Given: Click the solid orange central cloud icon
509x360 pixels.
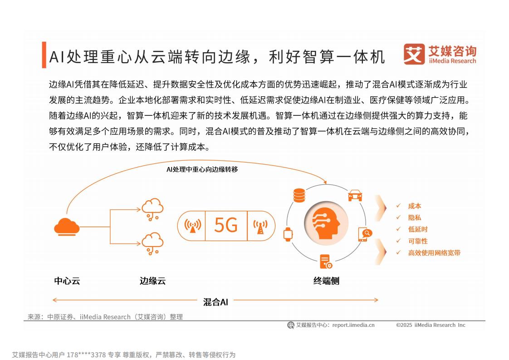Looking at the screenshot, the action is pyautogui.click(x=67, y=227).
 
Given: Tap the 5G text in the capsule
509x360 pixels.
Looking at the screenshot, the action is pyautogui.click(x=226, y=225).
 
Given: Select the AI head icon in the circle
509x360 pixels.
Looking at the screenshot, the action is pyautogui.click(x=326, y=223).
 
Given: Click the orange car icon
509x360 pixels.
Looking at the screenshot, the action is pyautogui.click(x=355, y=195).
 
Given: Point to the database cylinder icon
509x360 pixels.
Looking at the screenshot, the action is pyautogui.click(x=299, y=195).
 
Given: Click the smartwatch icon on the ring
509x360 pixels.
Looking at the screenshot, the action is pyautogui.click(x=288, y=234).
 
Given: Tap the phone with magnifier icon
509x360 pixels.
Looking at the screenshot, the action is pyautogui.click(x=365, y=234).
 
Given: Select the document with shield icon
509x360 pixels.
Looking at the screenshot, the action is pyautogui.click(x=326, y=261).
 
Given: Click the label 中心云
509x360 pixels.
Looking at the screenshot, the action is pyautogui.click(x=67, y=281).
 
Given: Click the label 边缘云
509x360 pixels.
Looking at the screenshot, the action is pyautogui.click(x=152, y=281).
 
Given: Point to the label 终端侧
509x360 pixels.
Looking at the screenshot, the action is pyautogui.click(x=326, y=281).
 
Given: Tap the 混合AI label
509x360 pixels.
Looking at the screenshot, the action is pyautogui.click(x=215, y=302).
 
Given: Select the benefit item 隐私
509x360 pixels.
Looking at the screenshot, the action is pyautogui.click(x=415, y=218).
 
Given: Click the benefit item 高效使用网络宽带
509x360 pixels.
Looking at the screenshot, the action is pyautogui.click(x=434, y=253).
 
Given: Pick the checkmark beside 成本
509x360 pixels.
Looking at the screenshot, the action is pyautogui.click(x=398, y=206).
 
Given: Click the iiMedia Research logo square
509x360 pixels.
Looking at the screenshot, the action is pyautogui.click(x=414, y=54).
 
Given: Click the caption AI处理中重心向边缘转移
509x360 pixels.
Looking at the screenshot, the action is pyautogui.click(x=202, y=169).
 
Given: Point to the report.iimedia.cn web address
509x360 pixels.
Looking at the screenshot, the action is pyautogui.click(x=353, y=325).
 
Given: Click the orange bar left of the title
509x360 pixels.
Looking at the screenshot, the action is pyautogui.click(x=44, y=55).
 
